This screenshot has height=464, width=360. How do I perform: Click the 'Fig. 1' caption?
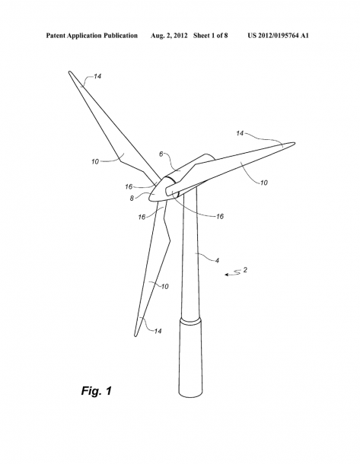click(97, 391)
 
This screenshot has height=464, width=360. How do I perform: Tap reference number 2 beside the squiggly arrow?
click(245, 269)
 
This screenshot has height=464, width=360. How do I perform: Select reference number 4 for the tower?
click(217, 260)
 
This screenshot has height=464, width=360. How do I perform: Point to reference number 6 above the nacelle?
click(161, 154)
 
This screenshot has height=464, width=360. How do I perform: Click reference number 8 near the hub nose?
click(132, 199)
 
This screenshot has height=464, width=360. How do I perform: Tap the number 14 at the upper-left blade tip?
click(97, 76)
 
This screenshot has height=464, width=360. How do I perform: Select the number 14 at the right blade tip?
click(240, 133)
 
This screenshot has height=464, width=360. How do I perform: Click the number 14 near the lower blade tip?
click(158, 331)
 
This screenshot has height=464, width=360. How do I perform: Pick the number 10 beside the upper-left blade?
click(95, 161)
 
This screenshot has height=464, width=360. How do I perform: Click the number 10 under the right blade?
click(263, 183)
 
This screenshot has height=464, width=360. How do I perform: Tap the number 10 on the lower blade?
click(164, 286)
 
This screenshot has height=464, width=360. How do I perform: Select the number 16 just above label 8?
click(129, 186)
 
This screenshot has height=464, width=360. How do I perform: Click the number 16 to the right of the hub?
click(220, 217)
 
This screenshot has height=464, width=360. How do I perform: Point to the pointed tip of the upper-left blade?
click(69, 72)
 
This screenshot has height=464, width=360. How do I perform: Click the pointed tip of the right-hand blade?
click(295, 144)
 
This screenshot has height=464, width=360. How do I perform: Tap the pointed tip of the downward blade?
click(135, 335)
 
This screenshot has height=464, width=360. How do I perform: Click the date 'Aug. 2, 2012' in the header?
click(169, 36)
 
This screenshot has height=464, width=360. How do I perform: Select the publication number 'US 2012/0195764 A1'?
click(278, 36)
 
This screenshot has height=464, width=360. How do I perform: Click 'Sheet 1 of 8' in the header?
click(211, 36)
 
